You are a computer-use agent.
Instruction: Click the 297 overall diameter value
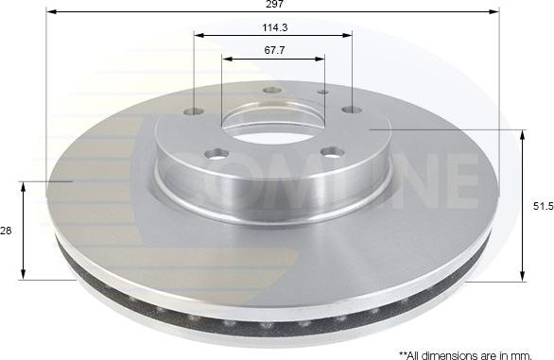(x=272, y=5)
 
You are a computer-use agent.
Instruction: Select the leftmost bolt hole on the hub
(x=195, y=111)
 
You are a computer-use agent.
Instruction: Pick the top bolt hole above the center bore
(x=271, y=90)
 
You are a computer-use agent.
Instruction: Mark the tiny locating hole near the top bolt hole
(x=323, y=93)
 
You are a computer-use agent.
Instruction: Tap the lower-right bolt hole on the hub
(x=330, y=151)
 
